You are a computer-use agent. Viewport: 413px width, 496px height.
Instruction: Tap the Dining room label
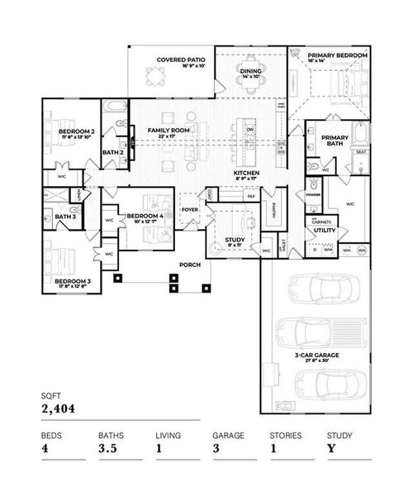[x=250, y=73]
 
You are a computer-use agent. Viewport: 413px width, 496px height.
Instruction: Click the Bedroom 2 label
[x=76, y=132]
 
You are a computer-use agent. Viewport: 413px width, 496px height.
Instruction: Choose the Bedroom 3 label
[x=73, y=282]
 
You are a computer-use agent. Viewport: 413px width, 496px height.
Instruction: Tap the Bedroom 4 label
[x=144, y=217]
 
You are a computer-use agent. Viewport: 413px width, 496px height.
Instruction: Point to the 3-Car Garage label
[x=316, y=357]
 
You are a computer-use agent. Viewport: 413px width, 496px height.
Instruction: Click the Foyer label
[x=190, y=210]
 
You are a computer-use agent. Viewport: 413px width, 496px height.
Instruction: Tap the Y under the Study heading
[x=331, y=448]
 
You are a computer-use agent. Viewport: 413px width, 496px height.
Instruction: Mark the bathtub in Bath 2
[x=114, y=107]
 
